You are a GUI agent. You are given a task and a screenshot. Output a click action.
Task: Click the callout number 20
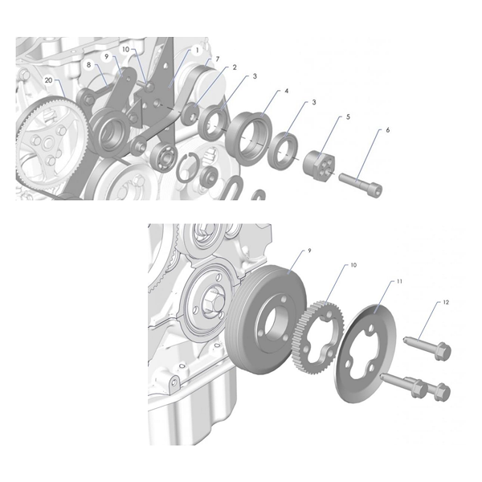[x=49, y=80]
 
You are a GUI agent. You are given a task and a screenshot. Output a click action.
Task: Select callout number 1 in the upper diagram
[x=197, y=50]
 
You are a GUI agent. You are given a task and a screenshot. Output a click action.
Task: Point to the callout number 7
[x=217, y=59]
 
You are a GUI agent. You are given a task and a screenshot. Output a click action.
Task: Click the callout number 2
[x=234, y=67]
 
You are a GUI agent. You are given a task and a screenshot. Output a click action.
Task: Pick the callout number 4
[x=287, y=92]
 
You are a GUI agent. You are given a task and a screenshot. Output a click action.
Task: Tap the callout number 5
[x=348, y=116]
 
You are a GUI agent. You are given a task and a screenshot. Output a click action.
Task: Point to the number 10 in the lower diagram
[x=353, y=264]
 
